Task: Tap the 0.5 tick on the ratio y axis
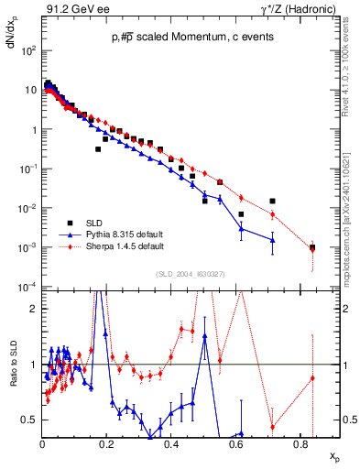click(30, 420)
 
